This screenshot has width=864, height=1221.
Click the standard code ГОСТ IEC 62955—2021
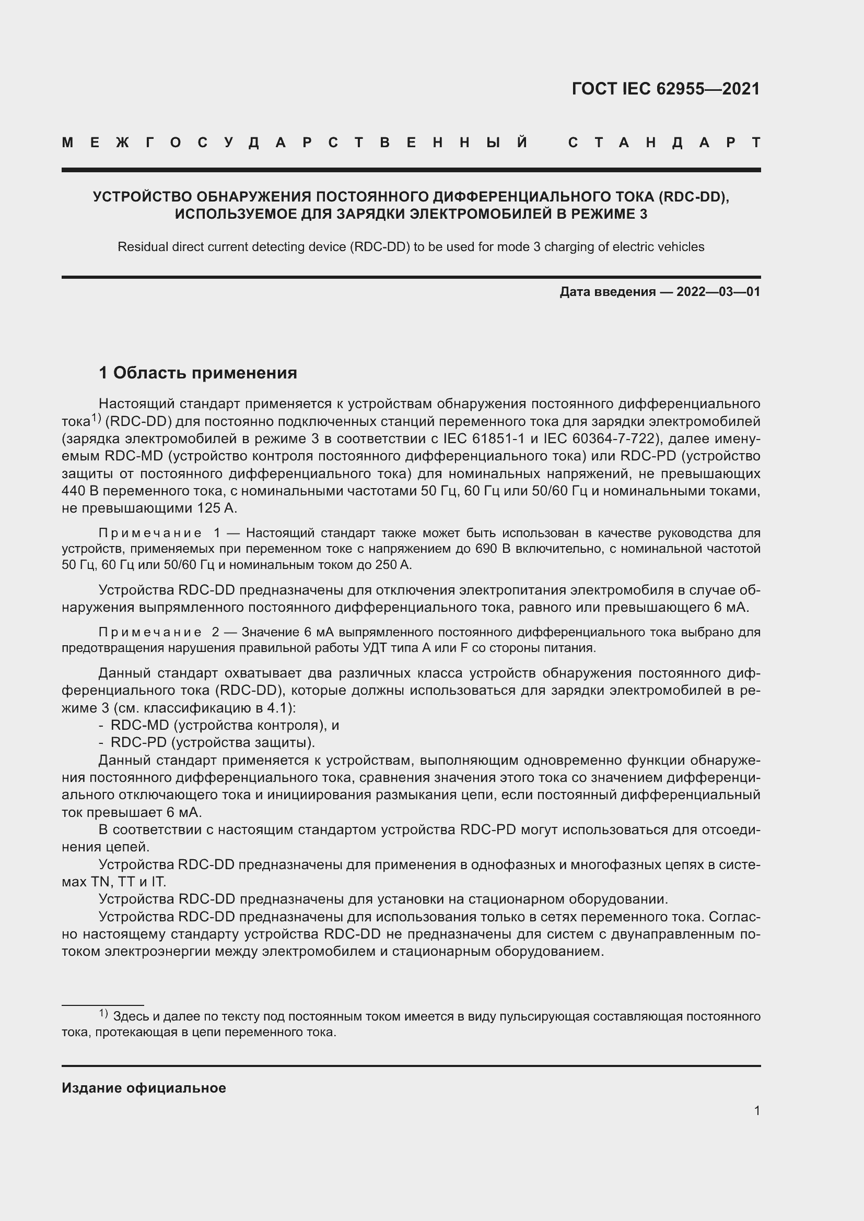(x=665, y=89)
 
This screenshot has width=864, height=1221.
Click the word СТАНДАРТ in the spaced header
(x=664, y=143)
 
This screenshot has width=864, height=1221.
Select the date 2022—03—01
(x=718, y=291)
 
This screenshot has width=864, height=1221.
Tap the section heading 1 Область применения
(x=198, y=373)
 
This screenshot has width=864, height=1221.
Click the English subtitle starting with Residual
(x=411, y=247)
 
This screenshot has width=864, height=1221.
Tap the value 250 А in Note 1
(x=393, y=564)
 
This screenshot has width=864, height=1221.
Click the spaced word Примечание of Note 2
(x=150, y=632)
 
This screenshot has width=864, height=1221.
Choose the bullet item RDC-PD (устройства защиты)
(x=212, y=742)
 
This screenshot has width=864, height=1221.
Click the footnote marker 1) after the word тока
(x=96, y=419)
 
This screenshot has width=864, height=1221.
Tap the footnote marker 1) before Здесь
(x=103, y=1014)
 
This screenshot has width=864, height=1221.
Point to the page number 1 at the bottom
(x=756, y=1110)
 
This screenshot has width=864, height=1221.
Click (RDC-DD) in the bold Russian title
(x=692, y=197)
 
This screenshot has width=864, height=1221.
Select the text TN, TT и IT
(x=128, y=882)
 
